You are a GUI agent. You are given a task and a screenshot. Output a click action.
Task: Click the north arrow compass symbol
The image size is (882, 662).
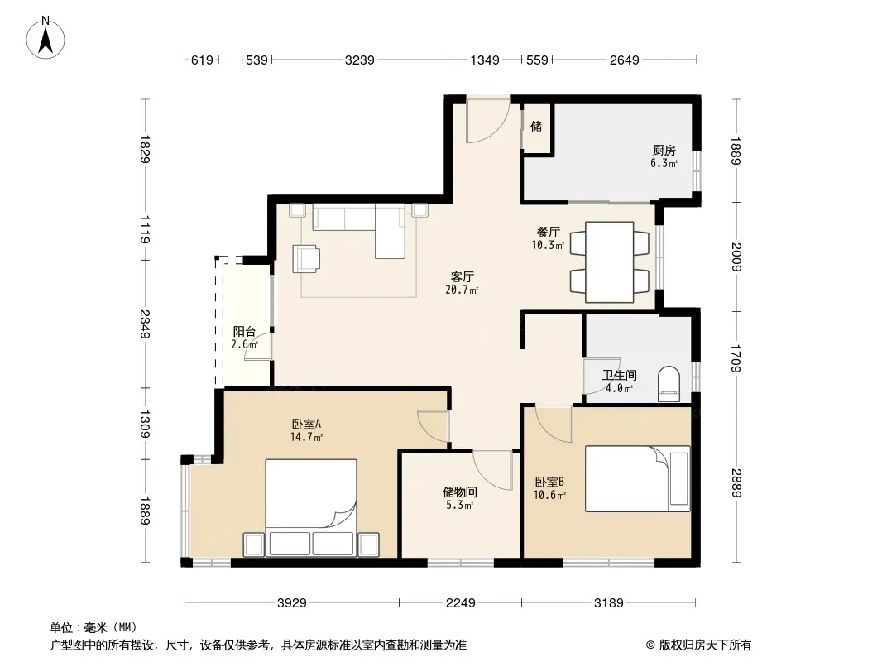46,38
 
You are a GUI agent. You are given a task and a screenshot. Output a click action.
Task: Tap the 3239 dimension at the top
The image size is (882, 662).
359,60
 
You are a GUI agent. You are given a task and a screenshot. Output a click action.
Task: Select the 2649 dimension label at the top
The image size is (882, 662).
625,60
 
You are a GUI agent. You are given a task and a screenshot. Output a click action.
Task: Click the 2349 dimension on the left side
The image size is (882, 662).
145,324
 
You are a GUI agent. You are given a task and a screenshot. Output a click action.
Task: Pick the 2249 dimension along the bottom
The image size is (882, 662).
460,603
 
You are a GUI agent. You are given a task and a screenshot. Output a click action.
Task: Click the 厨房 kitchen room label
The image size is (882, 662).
664,150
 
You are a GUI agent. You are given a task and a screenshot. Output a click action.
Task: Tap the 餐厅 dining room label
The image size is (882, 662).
549,232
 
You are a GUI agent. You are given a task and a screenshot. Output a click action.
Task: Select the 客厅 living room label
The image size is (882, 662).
463,276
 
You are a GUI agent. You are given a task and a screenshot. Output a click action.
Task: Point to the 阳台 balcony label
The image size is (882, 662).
244,331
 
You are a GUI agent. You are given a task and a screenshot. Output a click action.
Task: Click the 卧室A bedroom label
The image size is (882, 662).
306,424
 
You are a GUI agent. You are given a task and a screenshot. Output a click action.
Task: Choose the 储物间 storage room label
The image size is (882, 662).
460,492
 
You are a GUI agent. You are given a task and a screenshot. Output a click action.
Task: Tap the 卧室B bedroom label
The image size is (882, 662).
549,482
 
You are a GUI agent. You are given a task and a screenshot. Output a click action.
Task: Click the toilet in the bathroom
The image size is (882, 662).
669,385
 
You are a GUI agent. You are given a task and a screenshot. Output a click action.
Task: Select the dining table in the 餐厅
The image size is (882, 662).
610,262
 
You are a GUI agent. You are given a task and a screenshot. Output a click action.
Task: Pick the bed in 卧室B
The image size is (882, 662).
637,478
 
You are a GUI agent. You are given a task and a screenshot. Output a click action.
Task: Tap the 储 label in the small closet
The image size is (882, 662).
536,126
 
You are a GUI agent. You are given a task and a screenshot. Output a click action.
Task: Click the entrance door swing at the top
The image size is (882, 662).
487,120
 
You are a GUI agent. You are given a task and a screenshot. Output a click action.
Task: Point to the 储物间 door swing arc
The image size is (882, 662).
493,470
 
